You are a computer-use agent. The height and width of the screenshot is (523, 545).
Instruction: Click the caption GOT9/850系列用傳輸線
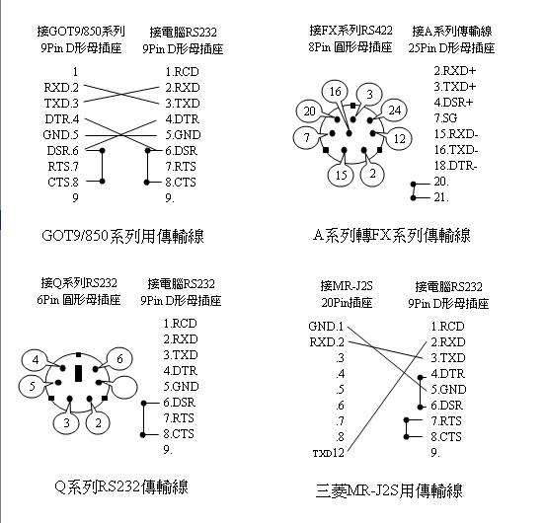point(122,236)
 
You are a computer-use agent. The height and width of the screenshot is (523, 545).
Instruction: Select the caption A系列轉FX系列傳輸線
point(392,236)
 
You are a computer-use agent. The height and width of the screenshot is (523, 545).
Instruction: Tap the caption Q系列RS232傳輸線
point(121,486)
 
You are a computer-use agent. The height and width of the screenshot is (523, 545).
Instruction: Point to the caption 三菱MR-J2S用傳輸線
point(389,491)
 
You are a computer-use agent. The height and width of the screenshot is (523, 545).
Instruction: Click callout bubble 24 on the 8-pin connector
point(395,111)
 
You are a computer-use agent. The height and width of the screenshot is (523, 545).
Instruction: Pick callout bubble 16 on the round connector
point(335,92)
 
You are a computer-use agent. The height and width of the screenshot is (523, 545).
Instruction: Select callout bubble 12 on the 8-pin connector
point(399,139)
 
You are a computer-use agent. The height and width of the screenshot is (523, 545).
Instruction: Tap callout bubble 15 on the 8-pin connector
point(341,175)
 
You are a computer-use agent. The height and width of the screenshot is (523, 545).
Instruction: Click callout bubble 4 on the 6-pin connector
point(36,360)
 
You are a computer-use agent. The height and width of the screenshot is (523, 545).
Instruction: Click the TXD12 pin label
point(328,453)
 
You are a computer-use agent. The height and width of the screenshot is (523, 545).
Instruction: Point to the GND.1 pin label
point(326,326)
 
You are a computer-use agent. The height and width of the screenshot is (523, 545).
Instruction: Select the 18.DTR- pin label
point(455,166)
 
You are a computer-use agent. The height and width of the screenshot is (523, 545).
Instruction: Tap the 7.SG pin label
point(445,118)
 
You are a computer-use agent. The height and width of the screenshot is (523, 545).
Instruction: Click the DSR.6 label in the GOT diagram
point(62,150)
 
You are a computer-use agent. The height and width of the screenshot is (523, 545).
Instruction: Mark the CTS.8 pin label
point(63,182)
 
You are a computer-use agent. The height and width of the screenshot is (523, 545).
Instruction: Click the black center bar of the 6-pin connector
point(79,373)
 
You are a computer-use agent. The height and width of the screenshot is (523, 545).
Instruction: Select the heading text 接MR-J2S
point(347,286)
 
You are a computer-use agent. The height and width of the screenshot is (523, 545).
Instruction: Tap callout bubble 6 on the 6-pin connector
point(119,359)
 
